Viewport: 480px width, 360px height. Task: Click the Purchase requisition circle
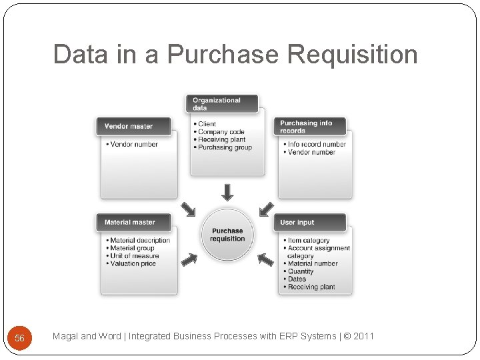[x=227, y=235]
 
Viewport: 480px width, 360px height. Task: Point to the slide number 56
[x=19, y=338]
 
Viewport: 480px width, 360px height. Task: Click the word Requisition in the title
[x=346, y=55]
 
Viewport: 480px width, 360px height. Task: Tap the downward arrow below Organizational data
[x=227, y=192]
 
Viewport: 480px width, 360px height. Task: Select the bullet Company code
[x=221, y=132]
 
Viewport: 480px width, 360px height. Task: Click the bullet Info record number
[x=317, y=144]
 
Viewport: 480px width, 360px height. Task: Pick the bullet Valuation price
[x=133, y=264]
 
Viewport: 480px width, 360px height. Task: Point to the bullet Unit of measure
[x=135, y=256]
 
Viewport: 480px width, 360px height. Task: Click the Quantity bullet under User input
[x=301, y=271]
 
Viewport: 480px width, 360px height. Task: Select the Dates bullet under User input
[x=297, y=279]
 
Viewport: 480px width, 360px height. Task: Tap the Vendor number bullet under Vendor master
[x=134, y=144]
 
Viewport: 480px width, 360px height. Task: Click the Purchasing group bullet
[x=225, y=147]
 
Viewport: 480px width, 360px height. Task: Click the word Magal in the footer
[x=65, y=336]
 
